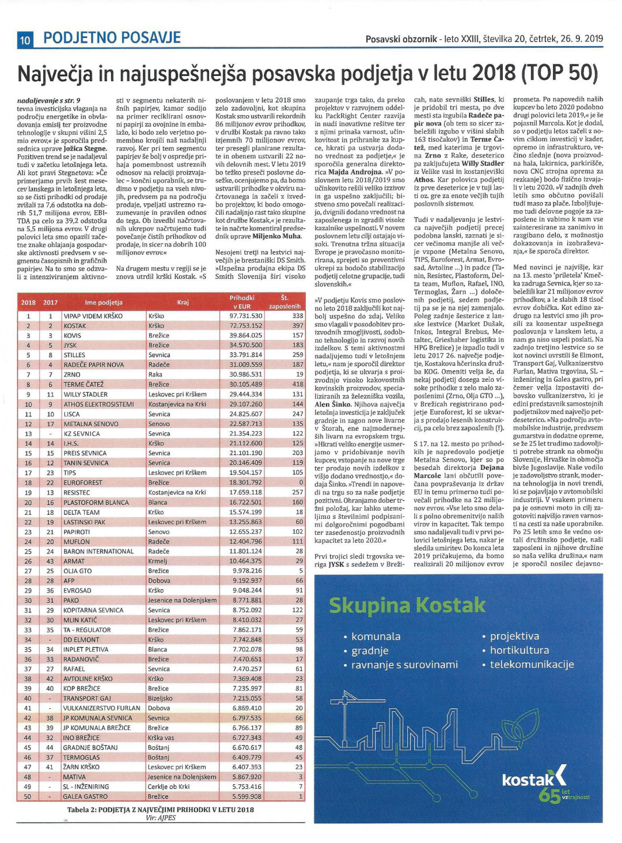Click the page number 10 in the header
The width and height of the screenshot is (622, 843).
pyautogui.click(x=25, y=40)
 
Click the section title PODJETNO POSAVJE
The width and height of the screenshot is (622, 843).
pyautogui.click(x=112, y=39)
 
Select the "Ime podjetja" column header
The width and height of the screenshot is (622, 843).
pyautogui.click(x=104, y=302)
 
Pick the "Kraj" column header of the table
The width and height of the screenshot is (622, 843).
pyautogui.click(x=183, y=302)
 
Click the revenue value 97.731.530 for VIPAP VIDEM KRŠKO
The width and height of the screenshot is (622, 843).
pyautogui.click(x=246, y=316)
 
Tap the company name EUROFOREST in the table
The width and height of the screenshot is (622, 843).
pyautogui.click(x=83, y=483)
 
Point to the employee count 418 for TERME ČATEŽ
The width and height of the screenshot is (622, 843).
pyautogui.click(x=297, y=384)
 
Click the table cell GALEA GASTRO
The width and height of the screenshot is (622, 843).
pyautogui.click(x=85, y=796)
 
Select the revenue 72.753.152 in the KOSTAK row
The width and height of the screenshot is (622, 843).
pyautogui.click(x=246, y=325)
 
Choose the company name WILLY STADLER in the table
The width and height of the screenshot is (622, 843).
pyautogui.click(x=85, y=394)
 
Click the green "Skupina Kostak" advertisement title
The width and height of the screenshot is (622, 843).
pyautogui.click(x=407, y=605)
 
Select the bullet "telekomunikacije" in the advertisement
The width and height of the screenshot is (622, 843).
pyautogui.click(x=532, y=664)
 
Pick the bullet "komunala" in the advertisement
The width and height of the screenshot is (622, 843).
pyautogui.click(x=376, y=636)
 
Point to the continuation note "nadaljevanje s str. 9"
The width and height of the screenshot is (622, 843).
pyautogui.click(x=49, y=100)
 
